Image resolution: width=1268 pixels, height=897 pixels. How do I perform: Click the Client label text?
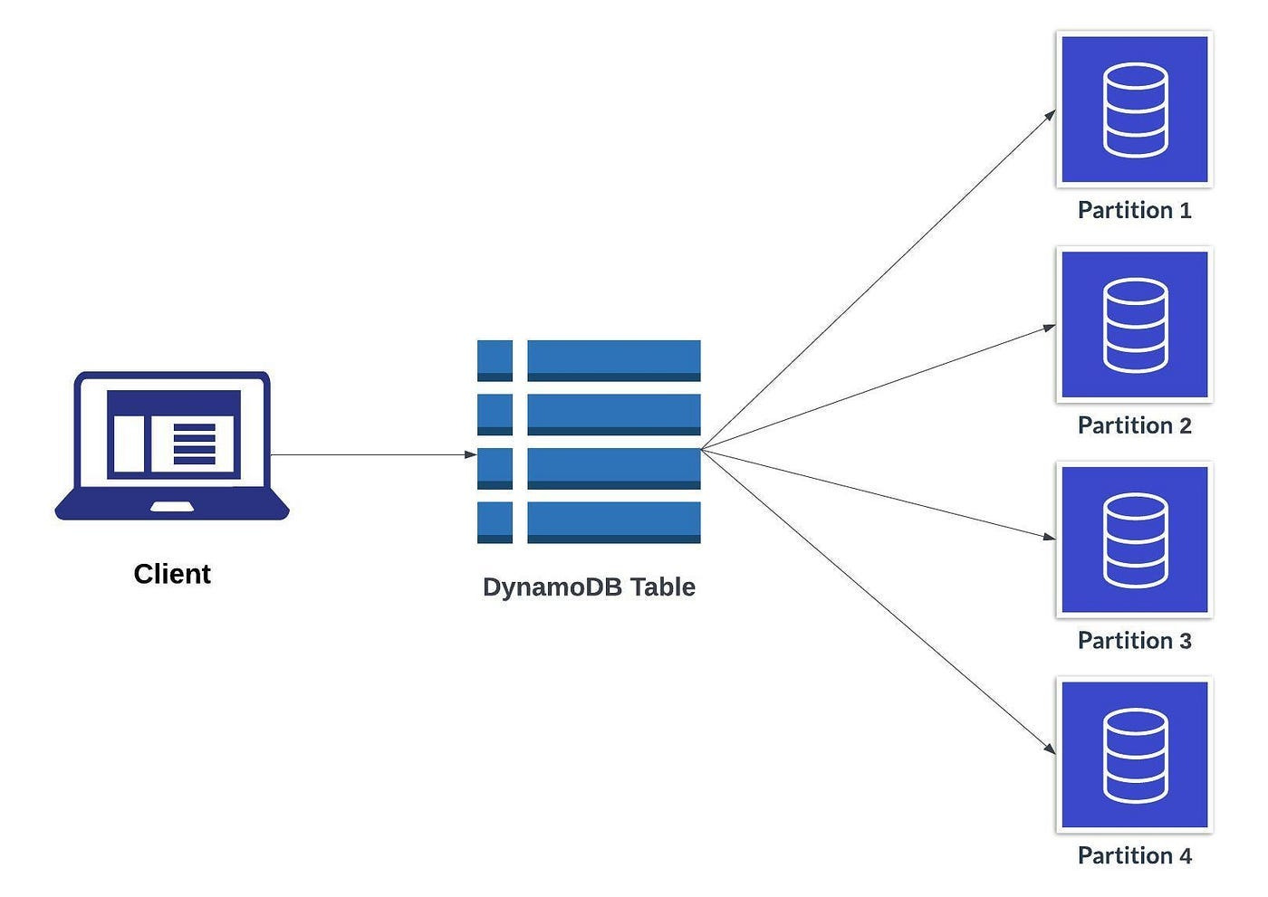point(172,574)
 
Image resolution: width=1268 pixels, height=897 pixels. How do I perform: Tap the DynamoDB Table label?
point(589,587)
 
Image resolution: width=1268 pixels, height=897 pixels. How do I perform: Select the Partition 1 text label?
point(1134,210)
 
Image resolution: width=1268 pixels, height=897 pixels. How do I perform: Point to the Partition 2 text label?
point(1134,425)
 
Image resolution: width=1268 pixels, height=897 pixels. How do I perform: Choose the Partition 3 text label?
point(1134,641)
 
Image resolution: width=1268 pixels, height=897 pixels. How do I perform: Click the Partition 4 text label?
point(1134,855)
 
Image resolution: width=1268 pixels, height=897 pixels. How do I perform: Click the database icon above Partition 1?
point(1135,110)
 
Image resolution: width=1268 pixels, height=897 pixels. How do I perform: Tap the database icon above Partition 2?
point(1135,325)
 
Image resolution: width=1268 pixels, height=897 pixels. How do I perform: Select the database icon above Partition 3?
point(1135,540)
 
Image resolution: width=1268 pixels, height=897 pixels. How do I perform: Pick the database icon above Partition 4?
point(1135,755)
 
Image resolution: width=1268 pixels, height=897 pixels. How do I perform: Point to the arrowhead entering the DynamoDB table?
point(470,454)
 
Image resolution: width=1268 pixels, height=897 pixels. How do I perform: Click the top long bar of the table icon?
point(613,359)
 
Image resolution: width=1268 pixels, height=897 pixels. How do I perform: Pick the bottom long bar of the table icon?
point(613,521)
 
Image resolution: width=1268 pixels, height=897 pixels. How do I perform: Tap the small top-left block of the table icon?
point(495,359)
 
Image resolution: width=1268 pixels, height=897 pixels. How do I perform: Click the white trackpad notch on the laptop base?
point(172,507)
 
